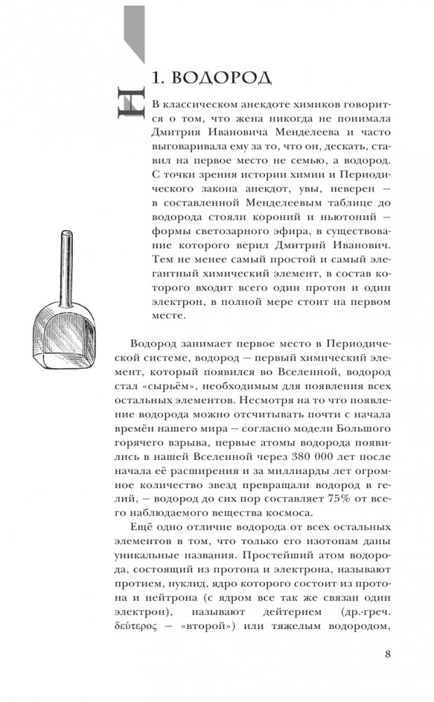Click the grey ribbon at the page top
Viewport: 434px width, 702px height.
click(x=133, y=28)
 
